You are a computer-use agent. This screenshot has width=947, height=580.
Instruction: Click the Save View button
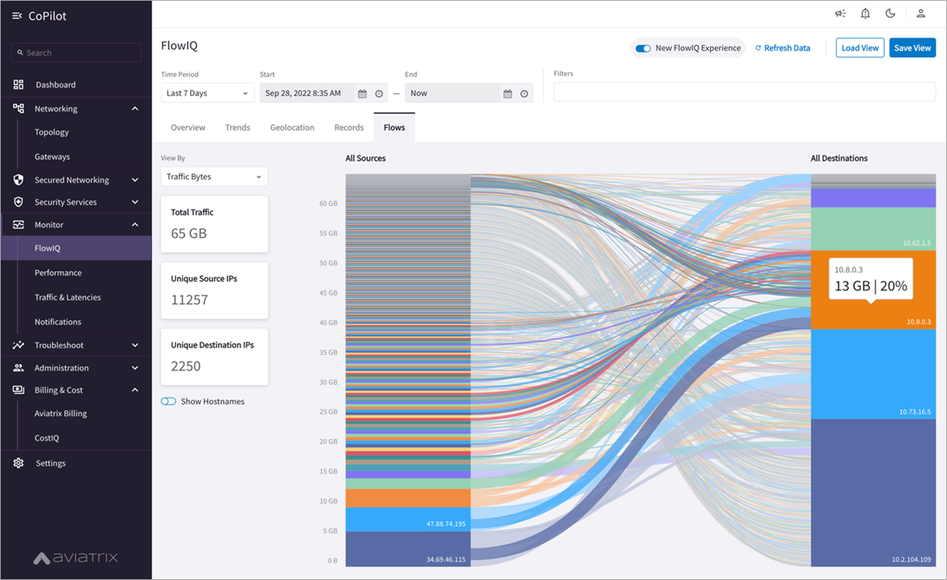click(912, 48)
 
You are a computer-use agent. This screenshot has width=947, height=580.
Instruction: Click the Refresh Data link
click(782, 48)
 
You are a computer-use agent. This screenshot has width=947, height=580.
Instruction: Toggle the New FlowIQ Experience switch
click(644, 48)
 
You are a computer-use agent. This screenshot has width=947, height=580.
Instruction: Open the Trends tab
click(238, 127)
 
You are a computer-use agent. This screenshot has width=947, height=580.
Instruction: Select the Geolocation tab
click(292, 127)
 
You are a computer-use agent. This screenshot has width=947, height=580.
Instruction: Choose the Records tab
click(349, 127)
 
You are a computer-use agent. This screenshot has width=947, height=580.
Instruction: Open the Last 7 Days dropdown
click(207, 93)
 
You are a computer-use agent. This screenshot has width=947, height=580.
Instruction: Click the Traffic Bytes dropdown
click(214, 177)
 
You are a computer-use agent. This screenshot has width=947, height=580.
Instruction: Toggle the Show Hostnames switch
click(169, 401)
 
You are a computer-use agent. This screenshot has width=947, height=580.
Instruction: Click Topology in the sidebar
click(51, 133)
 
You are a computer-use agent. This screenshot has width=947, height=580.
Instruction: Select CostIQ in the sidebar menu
click(47, 438)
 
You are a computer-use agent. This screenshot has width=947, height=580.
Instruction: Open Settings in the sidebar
click(51, 464)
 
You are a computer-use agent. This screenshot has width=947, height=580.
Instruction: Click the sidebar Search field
click(77, 53)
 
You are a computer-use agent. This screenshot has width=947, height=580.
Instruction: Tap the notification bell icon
click(865, 14)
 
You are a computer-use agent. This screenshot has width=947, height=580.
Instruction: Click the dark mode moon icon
click(890, 14)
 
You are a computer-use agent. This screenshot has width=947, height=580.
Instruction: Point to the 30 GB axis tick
click(327, 382)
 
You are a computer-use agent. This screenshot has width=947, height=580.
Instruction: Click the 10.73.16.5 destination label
click(915, 411)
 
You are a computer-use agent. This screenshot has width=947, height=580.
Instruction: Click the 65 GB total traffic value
click(188, 233)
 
